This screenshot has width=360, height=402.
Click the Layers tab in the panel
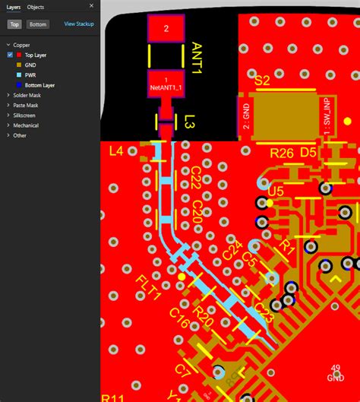[14, 7]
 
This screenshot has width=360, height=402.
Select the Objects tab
[36, 7]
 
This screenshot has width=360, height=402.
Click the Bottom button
[38, 24]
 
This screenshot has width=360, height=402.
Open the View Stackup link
[79, 24]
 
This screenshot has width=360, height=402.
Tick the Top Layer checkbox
[10, 55]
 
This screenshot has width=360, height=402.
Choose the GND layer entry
[31, 65]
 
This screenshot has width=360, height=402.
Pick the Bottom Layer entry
[39, 85]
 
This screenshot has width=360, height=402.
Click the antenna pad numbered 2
[166, 29]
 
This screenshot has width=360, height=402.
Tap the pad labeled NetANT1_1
[166, 85]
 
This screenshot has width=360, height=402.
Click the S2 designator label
[262, 81]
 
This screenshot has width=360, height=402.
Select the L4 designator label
[116, 151]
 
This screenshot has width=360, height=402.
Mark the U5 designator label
[275, 192]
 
